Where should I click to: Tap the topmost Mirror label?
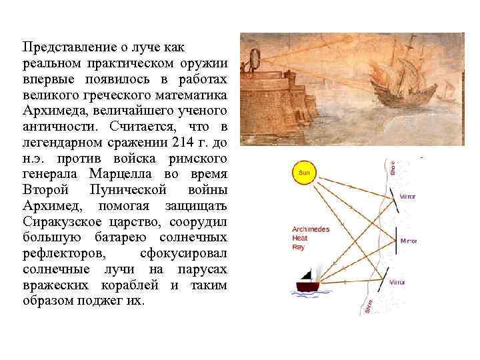[407, 197]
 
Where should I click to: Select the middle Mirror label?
[408, 241]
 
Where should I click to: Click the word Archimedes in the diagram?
[311, 229]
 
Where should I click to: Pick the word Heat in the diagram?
[299, 238]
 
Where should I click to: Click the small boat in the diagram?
[309, 285]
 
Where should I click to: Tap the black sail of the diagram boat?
[307, 274]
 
